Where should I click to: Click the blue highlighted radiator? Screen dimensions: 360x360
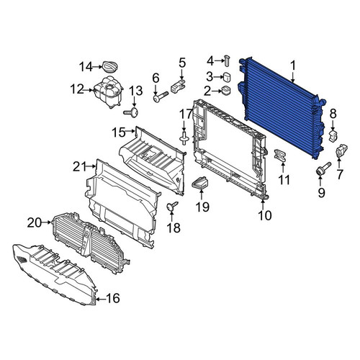coord(282,108)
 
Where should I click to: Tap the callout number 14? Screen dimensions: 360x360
coord(86,67)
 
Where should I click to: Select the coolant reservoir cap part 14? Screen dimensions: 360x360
coord(111,67)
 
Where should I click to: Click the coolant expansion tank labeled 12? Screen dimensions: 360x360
coord(108,91)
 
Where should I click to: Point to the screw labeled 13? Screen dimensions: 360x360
coord(131,112)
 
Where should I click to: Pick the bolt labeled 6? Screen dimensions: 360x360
coord(161,96)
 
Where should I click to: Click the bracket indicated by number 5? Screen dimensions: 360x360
coord(178,86)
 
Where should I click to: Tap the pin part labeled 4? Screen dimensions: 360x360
coord(227,60)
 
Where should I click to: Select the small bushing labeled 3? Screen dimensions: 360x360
coord(227,77)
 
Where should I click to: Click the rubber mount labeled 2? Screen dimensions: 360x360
coord(225,91)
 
